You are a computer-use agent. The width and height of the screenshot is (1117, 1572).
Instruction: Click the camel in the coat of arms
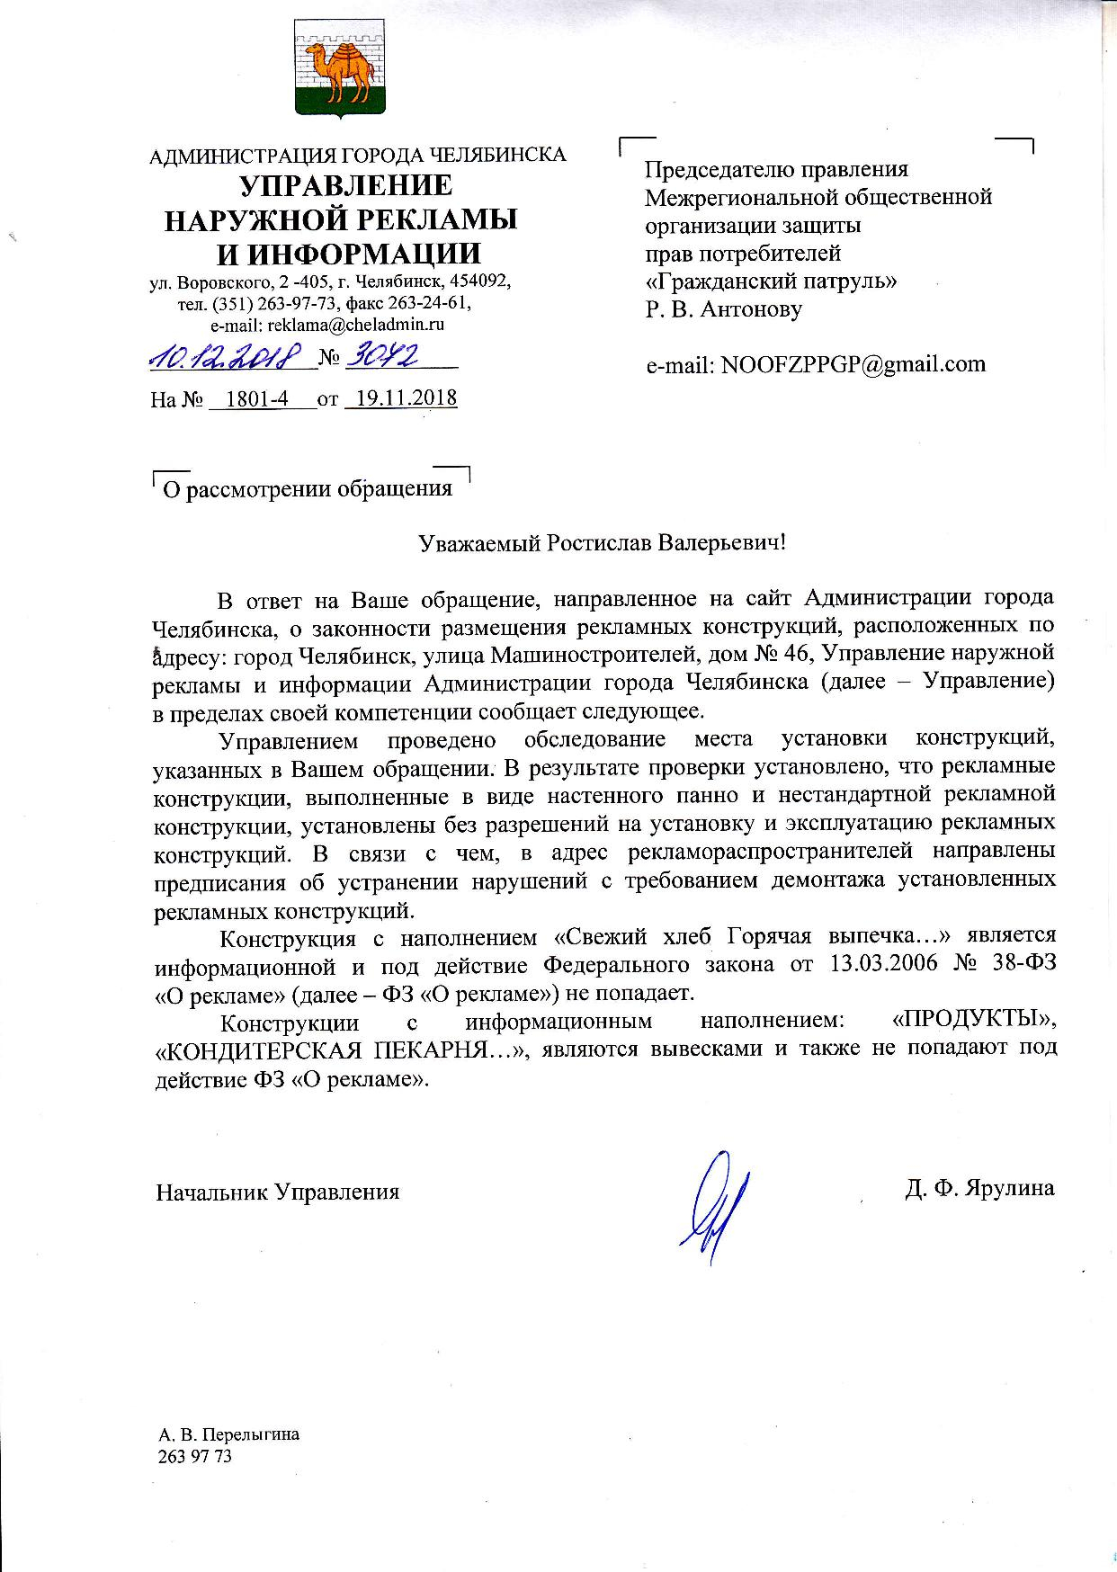(341, 72)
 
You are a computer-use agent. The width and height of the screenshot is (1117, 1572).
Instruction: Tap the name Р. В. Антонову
(723, 309)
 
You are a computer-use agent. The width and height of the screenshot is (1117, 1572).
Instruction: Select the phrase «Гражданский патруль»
(771, 281)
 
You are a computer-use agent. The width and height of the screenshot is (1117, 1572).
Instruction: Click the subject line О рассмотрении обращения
(306, 489)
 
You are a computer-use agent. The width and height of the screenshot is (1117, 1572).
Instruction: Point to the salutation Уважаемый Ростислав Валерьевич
(602, 543)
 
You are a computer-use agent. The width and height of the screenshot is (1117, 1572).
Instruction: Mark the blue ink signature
(715, 1206)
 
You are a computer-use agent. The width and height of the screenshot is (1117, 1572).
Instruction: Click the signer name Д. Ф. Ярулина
(979, 1188)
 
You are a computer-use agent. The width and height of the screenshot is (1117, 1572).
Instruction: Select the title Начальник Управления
(278, 1192)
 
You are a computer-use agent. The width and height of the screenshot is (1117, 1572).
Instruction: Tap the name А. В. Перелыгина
(228, 1434)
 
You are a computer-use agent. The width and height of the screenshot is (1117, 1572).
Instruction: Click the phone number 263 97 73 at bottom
(194, 1456)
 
